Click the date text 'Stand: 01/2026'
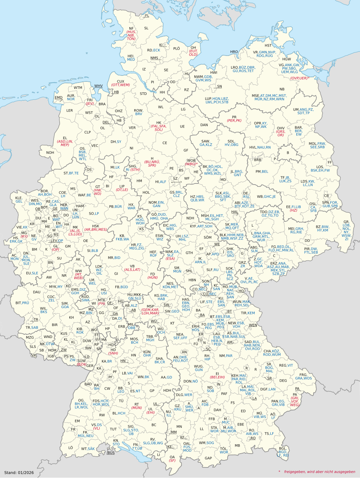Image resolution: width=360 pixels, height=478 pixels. tap(19, 472)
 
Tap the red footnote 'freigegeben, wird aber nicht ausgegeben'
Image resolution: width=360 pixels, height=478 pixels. tap(319, 472)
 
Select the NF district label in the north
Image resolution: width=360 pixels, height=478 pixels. tap(131, 29)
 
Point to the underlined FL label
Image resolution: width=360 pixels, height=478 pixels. tap(147, 16)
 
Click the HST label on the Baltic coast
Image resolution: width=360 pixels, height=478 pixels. tap(268, 46)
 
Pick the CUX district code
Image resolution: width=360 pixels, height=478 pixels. tap(120, 81)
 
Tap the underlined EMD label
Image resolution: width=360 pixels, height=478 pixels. tap(58, 98)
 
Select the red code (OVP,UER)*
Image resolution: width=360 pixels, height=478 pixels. tap(299, 78)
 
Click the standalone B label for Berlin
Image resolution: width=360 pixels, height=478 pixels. tap(288, 153)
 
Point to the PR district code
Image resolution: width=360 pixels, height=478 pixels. tap(234, 117)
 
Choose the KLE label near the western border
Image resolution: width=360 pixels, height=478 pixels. tap(19, 197)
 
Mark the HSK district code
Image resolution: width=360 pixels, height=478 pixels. tap(96, 226)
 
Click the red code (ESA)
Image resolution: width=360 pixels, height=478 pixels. tap(170, 259)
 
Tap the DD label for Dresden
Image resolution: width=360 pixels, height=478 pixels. tap(307, 241)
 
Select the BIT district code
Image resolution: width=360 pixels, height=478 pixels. tap(18, 303)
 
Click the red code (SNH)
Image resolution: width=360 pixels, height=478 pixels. tap(113, 353)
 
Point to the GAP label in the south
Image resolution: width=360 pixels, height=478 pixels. tap(208, 458)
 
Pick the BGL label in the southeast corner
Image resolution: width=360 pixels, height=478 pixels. tap(282, 448)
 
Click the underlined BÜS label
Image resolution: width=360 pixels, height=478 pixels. tap(111, 453)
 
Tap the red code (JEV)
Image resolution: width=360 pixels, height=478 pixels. tap(90, 104)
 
